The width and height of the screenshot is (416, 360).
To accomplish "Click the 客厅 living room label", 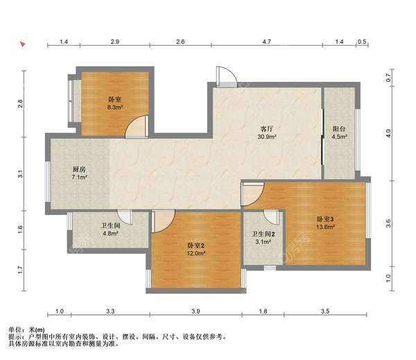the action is (267, 129).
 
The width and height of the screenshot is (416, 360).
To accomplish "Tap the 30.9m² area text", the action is (267, 137).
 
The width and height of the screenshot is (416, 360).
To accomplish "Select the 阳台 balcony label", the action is (339, 129).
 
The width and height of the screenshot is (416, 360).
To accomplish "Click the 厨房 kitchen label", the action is (79, 169).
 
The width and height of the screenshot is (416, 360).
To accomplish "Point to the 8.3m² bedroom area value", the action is (115, 108).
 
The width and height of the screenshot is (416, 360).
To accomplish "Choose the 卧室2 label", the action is (196, 246).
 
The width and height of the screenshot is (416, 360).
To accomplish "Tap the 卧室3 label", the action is (325, 219).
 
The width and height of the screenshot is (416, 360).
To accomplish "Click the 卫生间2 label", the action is (263, 234).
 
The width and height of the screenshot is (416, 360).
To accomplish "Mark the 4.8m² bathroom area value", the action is (110, 234).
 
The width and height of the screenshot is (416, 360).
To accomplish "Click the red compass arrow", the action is (23, 44).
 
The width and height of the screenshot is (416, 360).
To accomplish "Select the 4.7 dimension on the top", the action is (267, 42).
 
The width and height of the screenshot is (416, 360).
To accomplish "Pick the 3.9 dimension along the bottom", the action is (196, 311).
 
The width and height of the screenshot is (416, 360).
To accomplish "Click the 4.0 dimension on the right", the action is (388, 133).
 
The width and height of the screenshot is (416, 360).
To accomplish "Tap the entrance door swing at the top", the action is (226, 76).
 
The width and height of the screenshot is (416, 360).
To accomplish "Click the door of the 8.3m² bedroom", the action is (137, 127).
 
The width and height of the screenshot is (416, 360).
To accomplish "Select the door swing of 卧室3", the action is (252, 194).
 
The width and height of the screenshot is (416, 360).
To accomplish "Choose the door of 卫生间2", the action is (272, 217).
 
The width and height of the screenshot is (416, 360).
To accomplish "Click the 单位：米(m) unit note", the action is (26, 330).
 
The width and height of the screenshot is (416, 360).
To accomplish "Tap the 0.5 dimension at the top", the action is (362, 42).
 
